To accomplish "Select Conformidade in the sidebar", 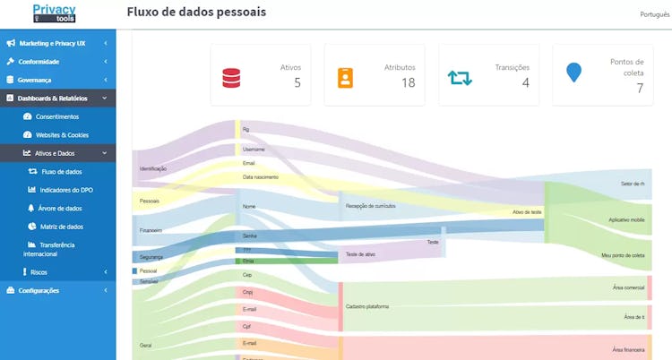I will pyautogui.click(x=39, y=62).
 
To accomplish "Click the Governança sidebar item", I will pyautogui.click(x=36, y=80).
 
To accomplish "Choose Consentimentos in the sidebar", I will pyautogui.click(x=57, y=116).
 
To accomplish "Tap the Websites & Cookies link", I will pyautogui.click(x=62, y=134).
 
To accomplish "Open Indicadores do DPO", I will pyautogui.click(x=67, y=190).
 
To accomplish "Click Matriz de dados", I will pyautogui.click(x=62, y=227).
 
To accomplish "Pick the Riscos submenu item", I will pyautogui.click(x=39, y=271).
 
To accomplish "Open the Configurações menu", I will pyautogui.click(x=39, y=290).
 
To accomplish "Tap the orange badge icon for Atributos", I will pyautogui.click(x=345, y=77).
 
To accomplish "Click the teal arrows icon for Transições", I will pyautogui.click(x=460, y=77).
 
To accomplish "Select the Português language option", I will pyautogui.click(x=654, y=14).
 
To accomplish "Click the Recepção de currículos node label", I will pyautogui.click(x=370, y=206).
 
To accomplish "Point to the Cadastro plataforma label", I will pyautogui.click(x=367, y=306).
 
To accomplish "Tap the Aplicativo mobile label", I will pyautogui.click(x=626, y=219).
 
